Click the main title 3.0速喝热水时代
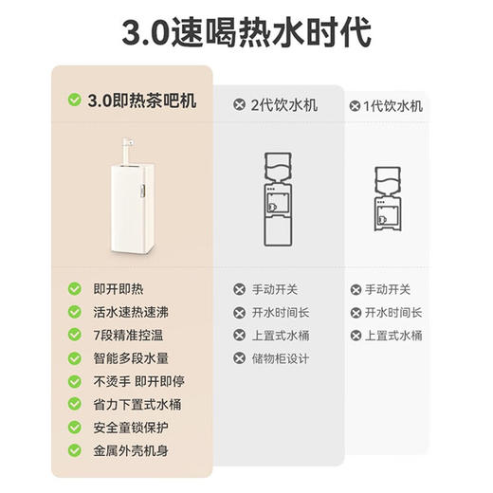click(246, 30)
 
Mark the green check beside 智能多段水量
click(74, 358)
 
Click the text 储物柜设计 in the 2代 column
click(283, 358)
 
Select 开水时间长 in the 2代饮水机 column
click(283, 312)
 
